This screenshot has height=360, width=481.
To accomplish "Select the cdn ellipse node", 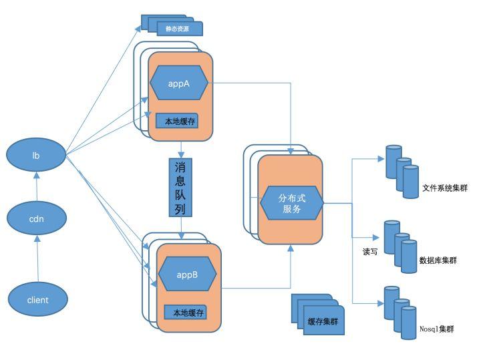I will tap(37, 218).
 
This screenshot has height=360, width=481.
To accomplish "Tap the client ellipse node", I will tap(37, 300).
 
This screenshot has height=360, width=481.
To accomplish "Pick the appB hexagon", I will tap(187, 275).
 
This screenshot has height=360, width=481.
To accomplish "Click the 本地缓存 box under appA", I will tap(177, 121).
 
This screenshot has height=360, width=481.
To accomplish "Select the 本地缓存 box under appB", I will tap(185, 312).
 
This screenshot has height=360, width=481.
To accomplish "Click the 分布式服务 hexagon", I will tap(291, 203).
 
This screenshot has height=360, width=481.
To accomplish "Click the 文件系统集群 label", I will tap(444, 188).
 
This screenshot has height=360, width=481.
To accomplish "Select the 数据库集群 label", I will tap(438, 260).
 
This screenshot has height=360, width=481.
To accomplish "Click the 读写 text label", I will tap(370, 252).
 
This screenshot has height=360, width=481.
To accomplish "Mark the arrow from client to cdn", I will tap(37, 259).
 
